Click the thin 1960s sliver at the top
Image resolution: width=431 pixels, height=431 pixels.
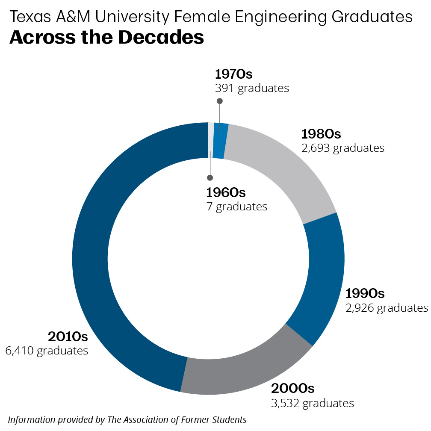click(x=211, y=139)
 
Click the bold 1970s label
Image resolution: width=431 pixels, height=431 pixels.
click(x=233, y=74)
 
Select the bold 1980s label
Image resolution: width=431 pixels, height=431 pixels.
click(x=321, y=134)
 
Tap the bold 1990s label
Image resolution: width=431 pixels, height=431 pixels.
click(x=365, y=294)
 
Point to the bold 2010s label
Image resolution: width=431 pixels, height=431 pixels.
click(x=68, y=337)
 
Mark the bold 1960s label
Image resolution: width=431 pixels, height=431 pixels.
click(x=226, y=192)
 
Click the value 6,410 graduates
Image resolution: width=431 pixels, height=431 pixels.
click(x=47, y=351)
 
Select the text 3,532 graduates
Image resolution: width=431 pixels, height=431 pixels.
click(x=313, y=403)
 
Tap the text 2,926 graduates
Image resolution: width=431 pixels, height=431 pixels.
click(x=387, y=308)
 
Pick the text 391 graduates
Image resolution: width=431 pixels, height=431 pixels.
click(x=251, y=89)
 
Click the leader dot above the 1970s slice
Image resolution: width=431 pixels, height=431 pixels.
click(x=220, y=101)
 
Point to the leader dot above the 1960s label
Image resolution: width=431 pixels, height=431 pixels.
click(x=210, y=178)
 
